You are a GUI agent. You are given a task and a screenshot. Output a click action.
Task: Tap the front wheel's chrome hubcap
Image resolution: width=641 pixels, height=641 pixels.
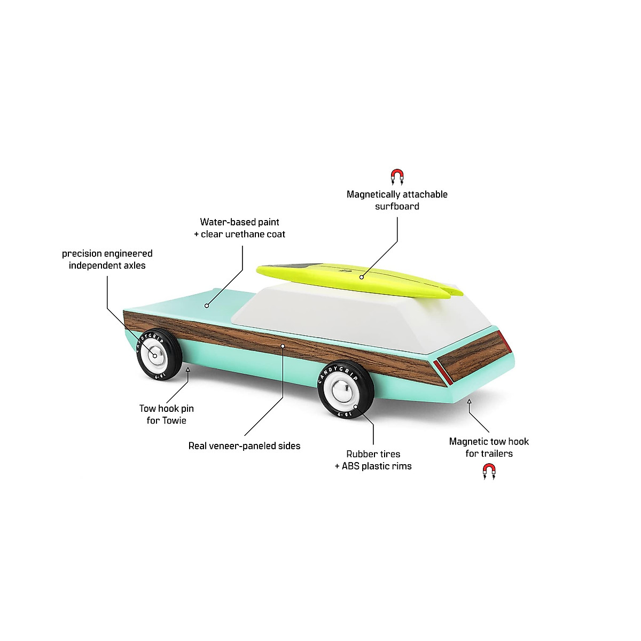click(155, 355)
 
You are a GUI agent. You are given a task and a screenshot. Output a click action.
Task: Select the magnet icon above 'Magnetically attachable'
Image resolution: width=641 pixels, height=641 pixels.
click(397, 177)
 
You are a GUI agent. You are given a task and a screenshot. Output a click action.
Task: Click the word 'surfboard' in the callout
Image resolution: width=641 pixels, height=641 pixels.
click(397, 207)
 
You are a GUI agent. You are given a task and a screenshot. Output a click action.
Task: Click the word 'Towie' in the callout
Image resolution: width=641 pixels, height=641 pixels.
click(174, 421)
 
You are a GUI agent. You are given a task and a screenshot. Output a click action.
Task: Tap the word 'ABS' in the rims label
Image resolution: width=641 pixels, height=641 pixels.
click(350, 466)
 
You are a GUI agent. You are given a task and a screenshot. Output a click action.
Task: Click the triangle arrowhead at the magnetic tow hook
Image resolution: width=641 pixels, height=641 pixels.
click(469, 401)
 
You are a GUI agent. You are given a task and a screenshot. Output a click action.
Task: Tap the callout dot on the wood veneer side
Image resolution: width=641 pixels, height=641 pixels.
click(283, 346)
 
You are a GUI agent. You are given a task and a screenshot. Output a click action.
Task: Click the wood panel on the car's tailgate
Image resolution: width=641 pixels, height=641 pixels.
click(473, 358)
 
